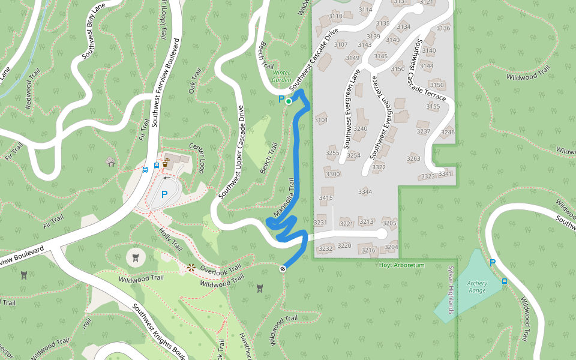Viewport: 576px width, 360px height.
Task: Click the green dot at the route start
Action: (289, 101)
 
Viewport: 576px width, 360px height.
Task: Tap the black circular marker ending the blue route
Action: (283, 268)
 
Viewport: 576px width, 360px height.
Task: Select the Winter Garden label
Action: (281, 76)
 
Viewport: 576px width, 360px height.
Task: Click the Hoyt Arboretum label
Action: (402, 265)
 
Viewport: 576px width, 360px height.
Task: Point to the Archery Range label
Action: (478, 287)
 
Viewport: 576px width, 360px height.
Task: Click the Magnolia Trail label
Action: (286, 197)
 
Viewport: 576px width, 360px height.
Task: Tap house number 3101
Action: (321, 120)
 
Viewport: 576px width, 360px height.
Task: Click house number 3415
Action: (326, 198)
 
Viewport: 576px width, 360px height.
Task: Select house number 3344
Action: (365, 192)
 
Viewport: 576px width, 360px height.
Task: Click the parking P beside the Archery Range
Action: (493, 262)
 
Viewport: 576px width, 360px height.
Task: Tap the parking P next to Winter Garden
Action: (281, 99)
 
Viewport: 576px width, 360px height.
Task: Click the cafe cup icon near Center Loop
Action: (165, 161)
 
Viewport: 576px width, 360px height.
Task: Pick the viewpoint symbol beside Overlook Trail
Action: (191, 268)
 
